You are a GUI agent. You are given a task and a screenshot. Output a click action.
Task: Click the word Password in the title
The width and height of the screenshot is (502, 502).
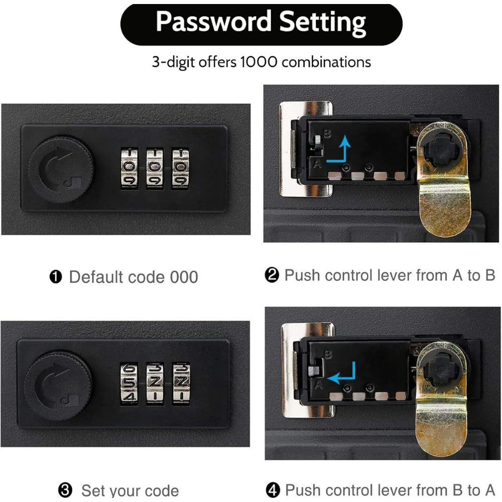(x=213, y=23)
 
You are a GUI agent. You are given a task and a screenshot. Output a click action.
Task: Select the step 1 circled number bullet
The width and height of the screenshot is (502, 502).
(x=56, y=277)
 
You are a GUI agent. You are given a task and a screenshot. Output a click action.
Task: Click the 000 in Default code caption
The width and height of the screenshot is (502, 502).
(x=182, y=277)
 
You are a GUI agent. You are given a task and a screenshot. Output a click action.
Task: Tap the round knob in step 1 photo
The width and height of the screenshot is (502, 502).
(x=61, y=169)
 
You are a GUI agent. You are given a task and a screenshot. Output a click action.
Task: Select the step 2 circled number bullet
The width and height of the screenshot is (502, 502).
(x=272, y=276)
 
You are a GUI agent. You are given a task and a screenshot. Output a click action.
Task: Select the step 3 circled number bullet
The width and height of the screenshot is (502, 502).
(x=65, y=490)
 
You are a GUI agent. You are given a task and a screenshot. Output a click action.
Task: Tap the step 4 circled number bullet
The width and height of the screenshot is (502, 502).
(x=273, y=490)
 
